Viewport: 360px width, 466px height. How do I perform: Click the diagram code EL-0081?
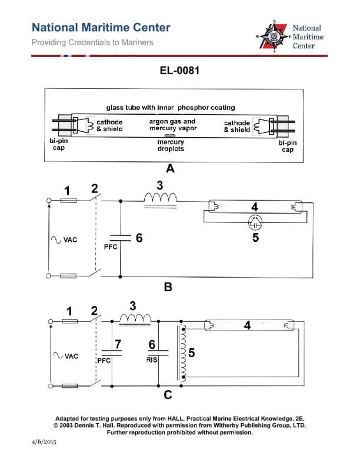point(179,71)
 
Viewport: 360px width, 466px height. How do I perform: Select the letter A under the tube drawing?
point(171,169)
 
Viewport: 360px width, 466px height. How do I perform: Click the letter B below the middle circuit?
point(168,288)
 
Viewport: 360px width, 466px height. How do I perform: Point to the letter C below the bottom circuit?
point(168,395)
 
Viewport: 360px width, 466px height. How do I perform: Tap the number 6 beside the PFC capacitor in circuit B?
point(139,238)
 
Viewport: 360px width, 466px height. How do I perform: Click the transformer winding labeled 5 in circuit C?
point(185,353)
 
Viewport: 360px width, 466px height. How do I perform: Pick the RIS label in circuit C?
point(152,360)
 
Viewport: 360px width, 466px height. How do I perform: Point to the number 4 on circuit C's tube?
point(247,325)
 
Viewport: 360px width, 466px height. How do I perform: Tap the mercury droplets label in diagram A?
point(171,145)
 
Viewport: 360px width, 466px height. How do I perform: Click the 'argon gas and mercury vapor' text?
point(172,125)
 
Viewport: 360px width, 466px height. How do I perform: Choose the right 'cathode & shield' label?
point(237,127)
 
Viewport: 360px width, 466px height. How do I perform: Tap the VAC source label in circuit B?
point(66,240)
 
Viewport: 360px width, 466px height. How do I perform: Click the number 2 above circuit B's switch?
point(94,189)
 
